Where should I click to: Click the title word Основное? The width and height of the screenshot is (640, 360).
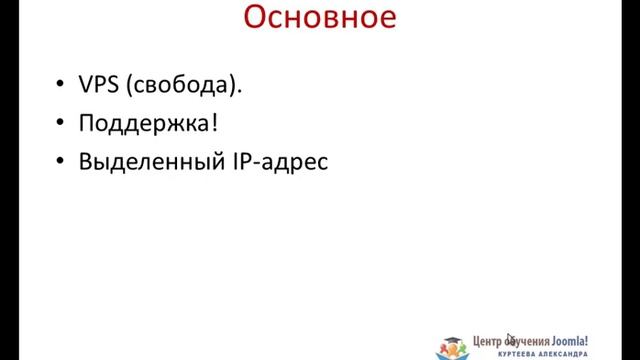pos(319,19)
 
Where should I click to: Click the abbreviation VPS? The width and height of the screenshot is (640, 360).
pos(99,85)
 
